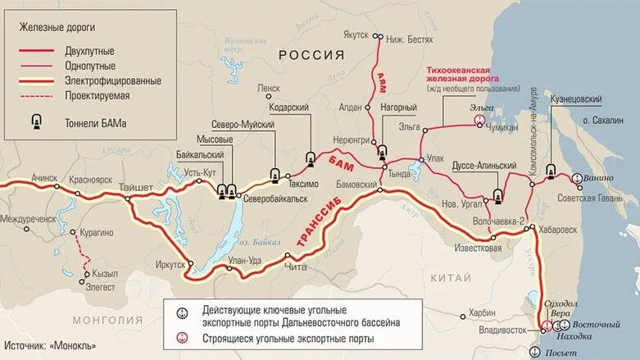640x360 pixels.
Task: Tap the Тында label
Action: click(399, 174)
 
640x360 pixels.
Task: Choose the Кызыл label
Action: click(106, 274)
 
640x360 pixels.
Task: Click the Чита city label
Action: click(294, 264)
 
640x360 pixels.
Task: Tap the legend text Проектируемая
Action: click(99, 96)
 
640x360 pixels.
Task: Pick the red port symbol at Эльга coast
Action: click(480, 120)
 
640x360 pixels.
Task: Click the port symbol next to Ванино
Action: click(577, 177)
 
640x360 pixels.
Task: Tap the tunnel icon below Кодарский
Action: click(311, 158)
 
